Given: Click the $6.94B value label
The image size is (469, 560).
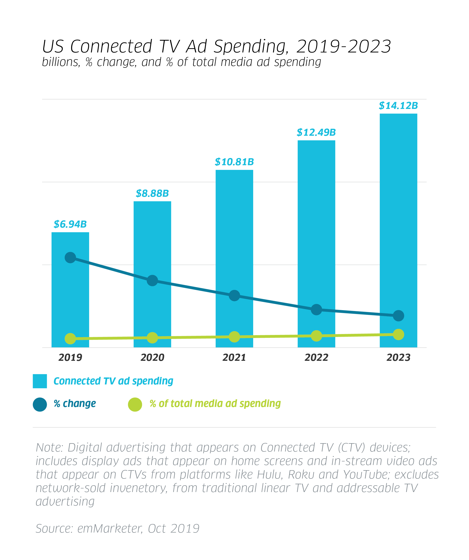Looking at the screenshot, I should (70, 224).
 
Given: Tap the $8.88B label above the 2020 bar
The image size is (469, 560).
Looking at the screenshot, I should (152, 193).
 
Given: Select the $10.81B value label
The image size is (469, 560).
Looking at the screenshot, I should (234, 162).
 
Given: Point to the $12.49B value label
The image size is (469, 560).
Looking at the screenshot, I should (316, 132).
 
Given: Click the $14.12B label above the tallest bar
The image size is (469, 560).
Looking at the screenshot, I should (398, 106).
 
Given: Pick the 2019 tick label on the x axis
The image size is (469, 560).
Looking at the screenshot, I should (70, 357).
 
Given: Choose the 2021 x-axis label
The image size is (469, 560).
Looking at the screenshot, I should (234, 357).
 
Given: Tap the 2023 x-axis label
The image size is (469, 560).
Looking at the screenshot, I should (398, 357).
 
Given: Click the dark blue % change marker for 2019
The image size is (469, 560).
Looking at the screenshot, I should (70, 257).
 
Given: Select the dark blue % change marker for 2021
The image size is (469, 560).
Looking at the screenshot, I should (234, 296).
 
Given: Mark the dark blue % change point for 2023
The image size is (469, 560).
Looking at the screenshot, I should (398, 316).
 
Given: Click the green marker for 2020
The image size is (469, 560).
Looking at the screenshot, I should (152, 338).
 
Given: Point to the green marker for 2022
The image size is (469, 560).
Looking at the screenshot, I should (316, 336).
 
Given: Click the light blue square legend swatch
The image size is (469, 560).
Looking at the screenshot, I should (40, 381).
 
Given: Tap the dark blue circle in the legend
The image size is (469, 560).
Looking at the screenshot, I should (40, 404).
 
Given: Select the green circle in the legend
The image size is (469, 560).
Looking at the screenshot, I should (135, 404).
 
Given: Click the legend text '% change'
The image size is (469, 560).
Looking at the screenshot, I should (75, 404).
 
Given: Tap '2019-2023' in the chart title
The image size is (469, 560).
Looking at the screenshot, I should (343, 46).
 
